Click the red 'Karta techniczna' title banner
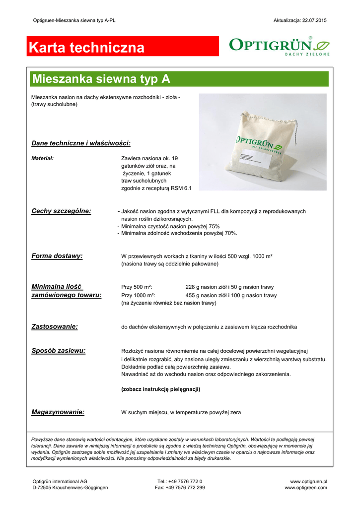[x=123, y=48]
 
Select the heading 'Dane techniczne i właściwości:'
[x=81, y=143]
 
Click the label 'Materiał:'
[x=42, y=158]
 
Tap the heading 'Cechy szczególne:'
[x=61, y=211]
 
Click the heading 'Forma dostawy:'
[x=57, y=256]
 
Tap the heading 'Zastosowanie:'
[x=55, y=326]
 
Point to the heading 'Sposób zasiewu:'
[x=58, y=350]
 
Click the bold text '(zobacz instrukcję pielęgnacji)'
[x=160, y=389]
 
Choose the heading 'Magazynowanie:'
[x=58, y=412]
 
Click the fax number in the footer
[x=180, y=488]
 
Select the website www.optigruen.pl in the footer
[x=308, y=481]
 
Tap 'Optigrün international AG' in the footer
[x=60, y=481]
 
